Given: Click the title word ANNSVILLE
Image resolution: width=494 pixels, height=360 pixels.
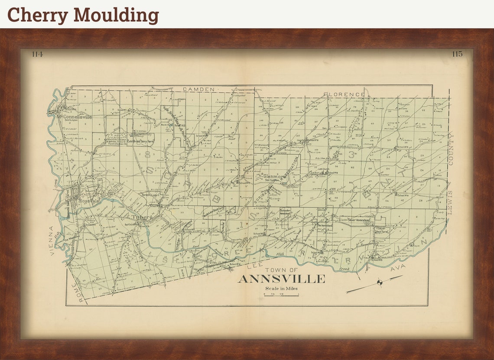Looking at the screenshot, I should coord(281,279).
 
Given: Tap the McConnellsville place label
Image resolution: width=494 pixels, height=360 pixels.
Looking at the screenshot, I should coord(74,116).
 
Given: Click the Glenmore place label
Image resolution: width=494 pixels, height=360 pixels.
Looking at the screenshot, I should coord(274,177).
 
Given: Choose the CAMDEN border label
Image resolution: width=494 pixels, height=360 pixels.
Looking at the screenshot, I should coord(198,89).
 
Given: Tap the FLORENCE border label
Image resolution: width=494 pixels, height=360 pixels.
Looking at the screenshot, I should coord(344,94).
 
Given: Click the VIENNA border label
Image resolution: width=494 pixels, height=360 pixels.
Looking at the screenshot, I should coord(52,241).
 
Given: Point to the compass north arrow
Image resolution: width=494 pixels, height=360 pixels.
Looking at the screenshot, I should coord(380,283).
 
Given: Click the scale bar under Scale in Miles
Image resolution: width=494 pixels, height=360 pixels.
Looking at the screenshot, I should coord(281,295).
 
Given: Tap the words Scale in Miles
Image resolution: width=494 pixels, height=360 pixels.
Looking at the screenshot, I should coord(282,289).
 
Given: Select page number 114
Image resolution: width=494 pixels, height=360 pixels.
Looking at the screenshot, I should coord(37,54).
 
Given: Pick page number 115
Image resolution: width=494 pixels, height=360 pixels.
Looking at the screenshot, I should coord(457,54).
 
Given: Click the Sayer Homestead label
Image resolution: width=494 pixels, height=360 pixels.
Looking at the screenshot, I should coord(358,220).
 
